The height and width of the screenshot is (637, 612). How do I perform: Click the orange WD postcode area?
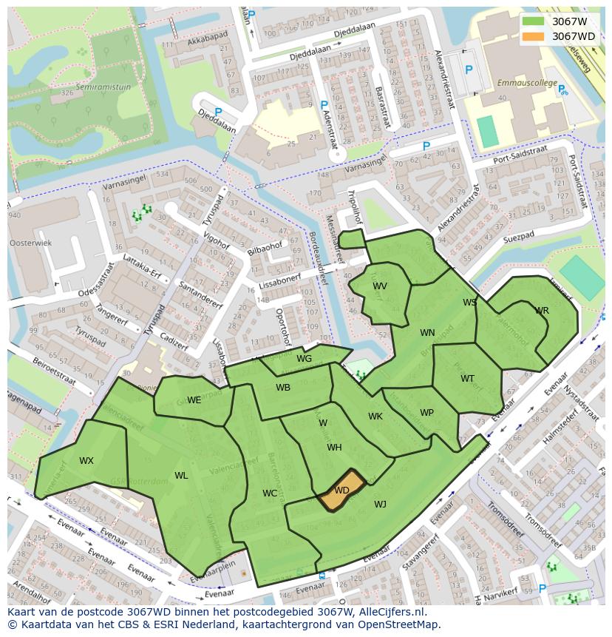coord(341,490)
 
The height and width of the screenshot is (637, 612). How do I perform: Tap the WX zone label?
coord(86,461)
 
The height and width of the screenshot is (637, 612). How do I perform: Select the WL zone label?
coord(181,476)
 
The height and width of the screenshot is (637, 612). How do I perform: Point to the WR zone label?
coord(542,311)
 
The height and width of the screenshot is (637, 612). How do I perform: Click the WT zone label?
coord(467,379)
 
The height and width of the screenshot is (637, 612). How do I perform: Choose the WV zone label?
coord(380,286)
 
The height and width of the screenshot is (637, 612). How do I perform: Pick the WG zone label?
coord(304,359)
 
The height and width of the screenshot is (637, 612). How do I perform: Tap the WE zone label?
coord(194,400)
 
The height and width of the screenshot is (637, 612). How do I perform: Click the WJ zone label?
coord(380,505)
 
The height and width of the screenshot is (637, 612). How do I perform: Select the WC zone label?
coord(270,493)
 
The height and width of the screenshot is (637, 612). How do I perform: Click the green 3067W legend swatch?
coord(532,21)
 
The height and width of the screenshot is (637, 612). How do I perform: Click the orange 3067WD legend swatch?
coord(532,36)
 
